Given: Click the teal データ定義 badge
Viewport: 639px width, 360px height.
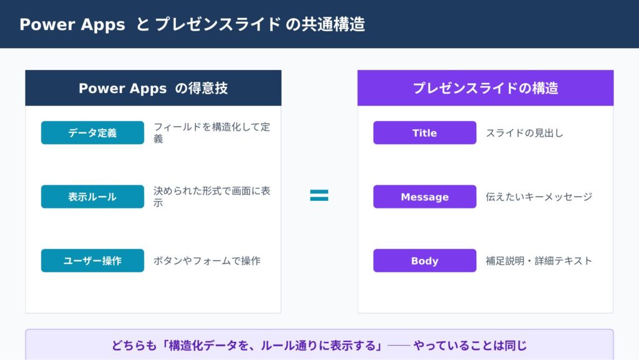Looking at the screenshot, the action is click(x=92, y=132).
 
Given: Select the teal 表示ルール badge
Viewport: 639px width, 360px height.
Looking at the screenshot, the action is click(x=92, y=197).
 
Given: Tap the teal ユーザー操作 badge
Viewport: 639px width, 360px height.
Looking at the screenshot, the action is click(x=92, y=260).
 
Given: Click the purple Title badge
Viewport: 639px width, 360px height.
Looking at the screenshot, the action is click(x=424, y=132).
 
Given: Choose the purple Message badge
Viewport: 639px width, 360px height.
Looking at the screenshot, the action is click(x=424, y=197).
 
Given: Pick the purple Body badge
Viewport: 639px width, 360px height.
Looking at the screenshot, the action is click(x=424, y=260).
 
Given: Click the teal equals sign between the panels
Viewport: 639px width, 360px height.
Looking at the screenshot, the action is click(x=319, y=195).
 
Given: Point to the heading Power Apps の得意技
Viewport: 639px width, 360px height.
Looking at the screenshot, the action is click(x=154, y=88).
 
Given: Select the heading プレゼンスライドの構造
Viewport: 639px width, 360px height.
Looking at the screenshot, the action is click(x=485, y=88).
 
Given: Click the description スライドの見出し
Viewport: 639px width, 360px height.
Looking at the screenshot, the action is click(x=524, y=133).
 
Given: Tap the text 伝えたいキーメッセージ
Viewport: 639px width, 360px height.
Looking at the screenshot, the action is click(x=539, y=197).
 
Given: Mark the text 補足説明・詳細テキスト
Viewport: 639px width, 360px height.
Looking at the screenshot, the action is click(x=539, y=261).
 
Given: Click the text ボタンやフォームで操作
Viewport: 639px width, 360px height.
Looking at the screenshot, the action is click(x=207, y=261).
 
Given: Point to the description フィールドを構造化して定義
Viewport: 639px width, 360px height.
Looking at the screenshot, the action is click(x=212, y=133).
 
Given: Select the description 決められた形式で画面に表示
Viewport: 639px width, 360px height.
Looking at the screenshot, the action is click(x=212, y=197).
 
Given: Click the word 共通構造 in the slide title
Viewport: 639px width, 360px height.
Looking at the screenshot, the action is click(x=333, y=24).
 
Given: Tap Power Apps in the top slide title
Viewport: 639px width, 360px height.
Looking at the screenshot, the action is click(x=72, y=24).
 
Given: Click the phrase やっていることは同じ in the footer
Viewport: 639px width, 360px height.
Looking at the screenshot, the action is click(x=471, y=346).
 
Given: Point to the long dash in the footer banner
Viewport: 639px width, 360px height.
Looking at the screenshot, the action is click(x=399, y=346).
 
